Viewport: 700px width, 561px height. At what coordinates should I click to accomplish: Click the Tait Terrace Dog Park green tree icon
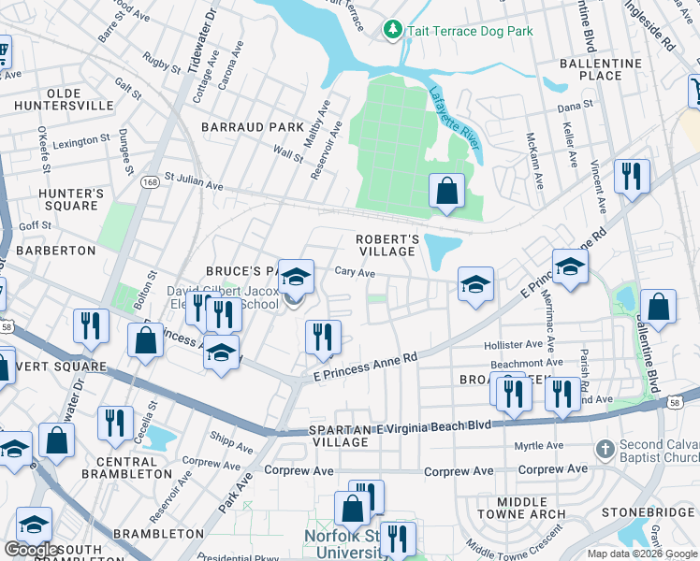tap(393, 31)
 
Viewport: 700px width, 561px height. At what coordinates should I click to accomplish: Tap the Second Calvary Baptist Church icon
tap(606, 450)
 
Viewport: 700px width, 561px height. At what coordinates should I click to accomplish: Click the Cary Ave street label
tap(355, 273)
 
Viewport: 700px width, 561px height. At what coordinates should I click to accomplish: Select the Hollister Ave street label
tap(514, 345)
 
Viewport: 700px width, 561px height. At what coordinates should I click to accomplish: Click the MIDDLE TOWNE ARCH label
tap(521, 508)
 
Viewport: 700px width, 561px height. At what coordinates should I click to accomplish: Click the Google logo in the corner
tap(31, 550)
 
